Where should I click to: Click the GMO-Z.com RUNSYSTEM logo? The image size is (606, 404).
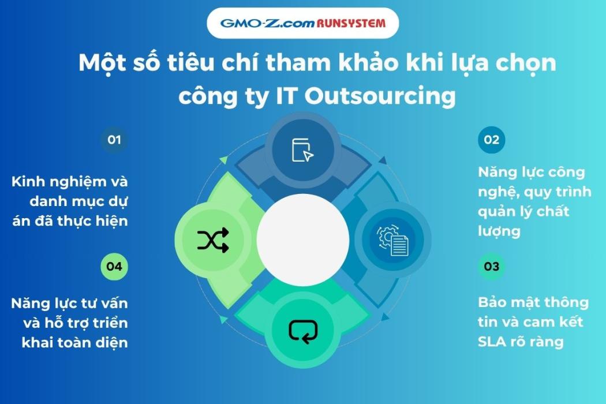302,24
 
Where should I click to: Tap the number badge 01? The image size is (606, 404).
114,140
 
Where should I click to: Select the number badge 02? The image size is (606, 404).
491,140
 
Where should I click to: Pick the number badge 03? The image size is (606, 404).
491,267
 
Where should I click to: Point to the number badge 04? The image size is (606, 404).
114,267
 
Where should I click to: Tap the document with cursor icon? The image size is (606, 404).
302,150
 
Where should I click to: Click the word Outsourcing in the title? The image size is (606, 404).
380,96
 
